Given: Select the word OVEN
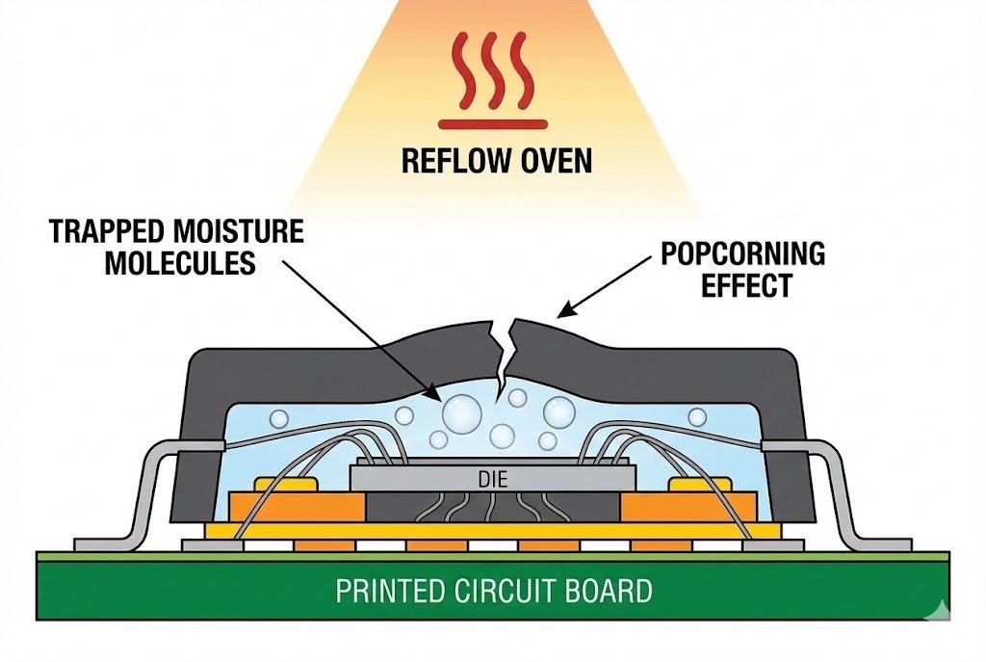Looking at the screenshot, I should coord(554,159).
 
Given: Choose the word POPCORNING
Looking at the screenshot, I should coord(742,254).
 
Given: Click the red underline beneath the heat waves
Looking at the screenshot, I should coord(494,123).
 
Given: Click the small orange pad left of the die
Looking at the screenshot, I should coord(287,484).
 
